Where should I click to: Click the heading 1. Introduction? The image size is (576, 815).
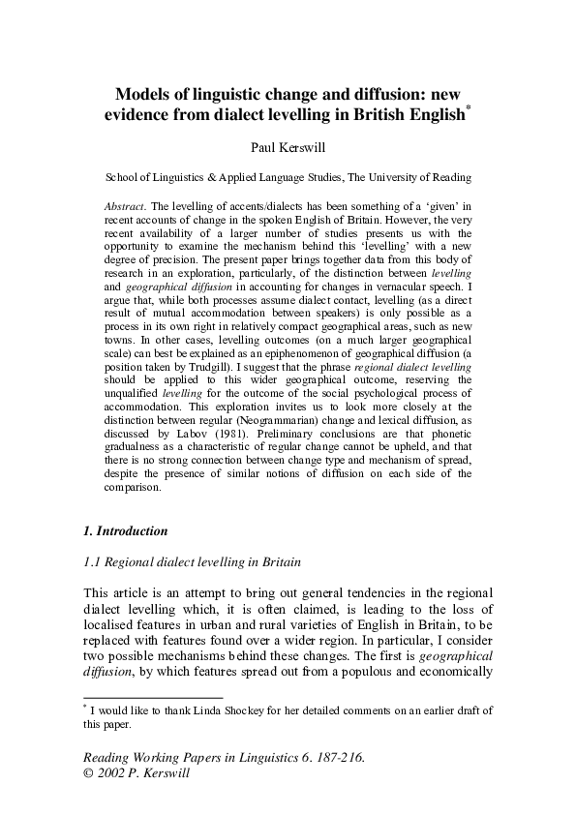click(x=126, y=531)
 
